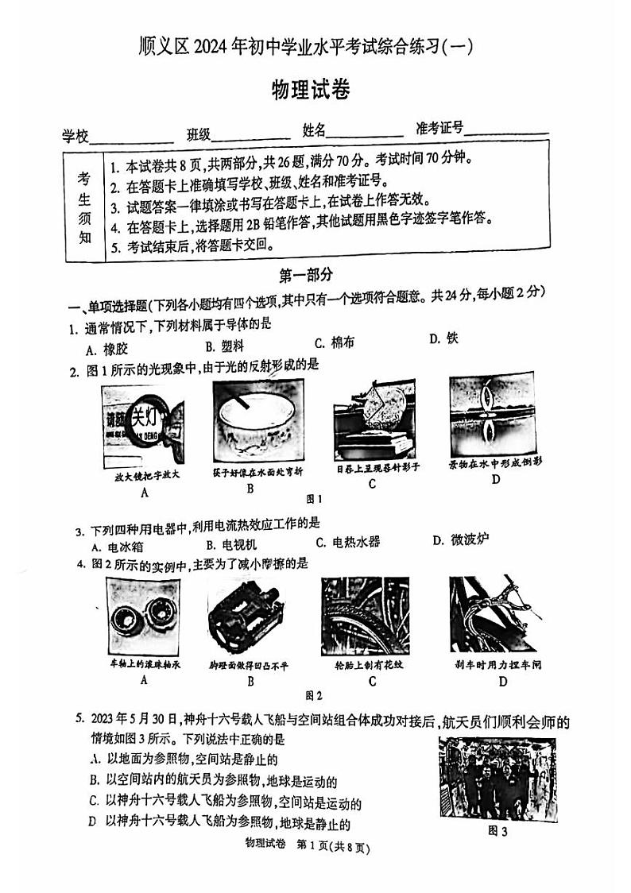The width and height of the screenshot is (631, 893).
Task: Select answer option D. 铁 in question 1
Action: [443, 338]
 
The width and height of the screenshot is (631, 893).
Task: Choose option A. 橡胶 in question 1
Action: [105, 348]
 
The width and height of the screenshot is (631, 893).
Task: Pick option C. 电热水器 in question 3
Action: [347, 542]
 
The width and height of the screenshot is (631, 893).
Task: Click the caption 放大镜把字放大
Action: [145, 475]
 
